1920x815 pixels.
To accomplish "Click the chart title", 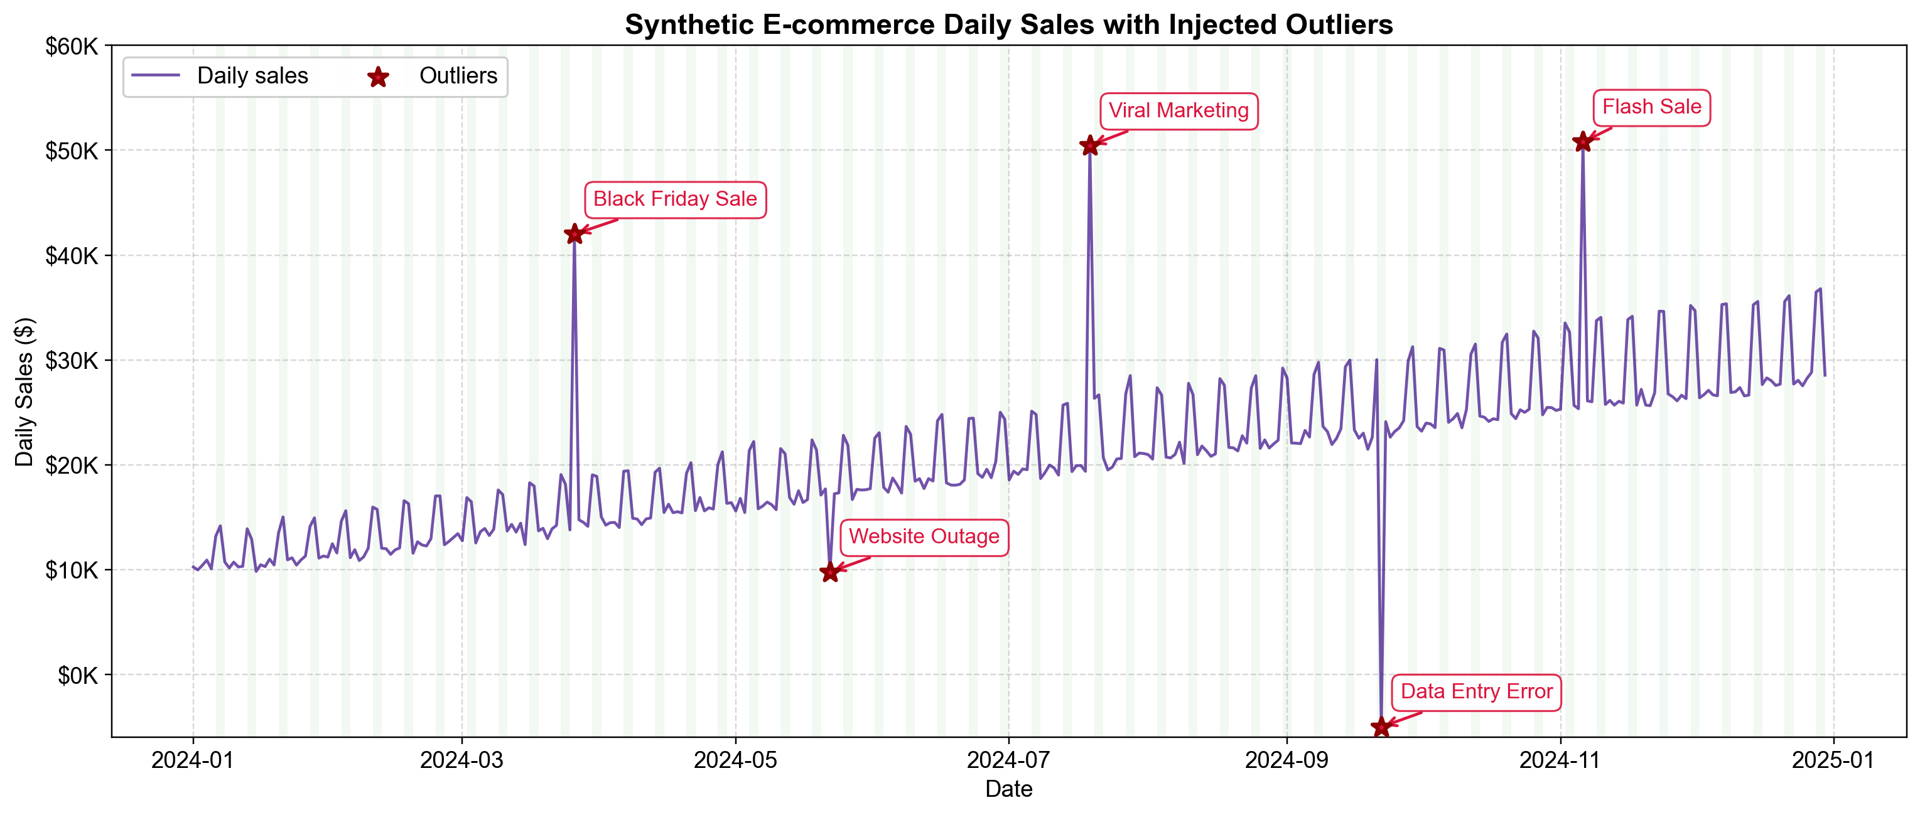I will [x=1008, y=24].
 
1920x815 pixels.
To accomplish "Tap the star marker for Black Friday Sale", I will [x=574, y=234].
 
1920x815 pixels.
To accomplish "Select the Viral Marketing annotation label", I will [x=1178, y=111].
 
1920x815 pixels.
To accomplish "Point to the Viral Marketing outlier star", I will [x=1090, y=146].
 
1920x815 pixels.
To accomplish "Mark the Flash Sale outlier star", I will [x=1582, y=142].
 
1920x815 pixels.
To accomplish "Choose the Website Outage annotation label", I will [x=924, y=537].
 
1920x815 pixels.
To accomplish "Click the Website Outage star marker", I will [x=829, y=572].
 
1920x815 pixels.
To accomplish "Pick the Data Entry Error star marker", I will [x=1381, y=727].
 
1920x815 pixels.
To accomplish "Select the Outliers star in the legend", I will [x=379, y=77].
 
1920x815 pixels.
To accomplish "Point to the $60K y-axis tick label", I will [x=72, y=46].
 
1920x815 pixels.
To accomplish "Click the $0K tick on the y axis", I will [x=77, y=675].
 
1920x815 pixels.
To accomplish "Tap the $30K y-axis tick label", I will [x=72, y=361].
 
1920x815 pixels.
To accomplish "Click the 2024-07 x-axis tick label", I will [x=1008, y=760].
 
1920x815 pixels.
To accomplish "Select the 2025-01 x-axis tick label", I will [x=1833, y=760].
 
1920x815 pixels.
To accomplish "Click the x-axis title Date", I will [x=1008, y=789].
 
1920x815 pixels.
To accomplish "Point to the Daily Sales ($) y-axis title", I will [x=24, y=392].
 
